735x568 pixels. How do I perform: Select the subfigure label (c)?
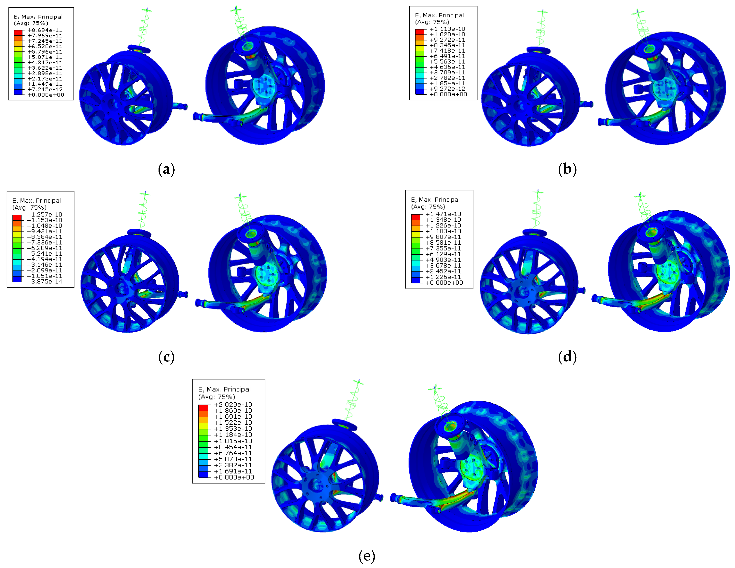pos(166,357)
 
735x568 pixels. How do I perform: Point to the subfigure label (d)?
pos(567,357)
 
